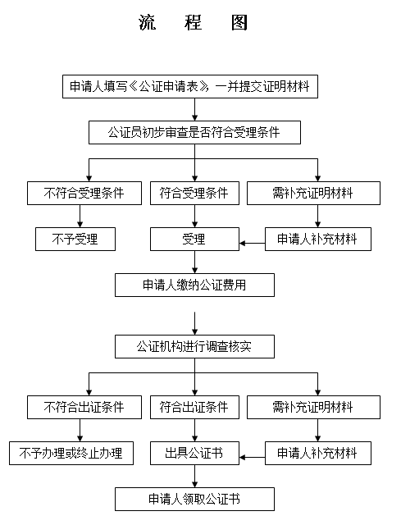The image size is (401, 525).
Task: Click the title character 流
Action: [148, 23]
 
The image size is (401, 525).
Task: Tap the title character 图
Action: [239, 23]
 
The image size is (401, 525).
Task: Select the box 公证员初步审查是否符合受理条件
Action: [194, 133]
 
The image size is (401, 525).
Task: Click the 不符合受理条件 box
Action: [84, 194]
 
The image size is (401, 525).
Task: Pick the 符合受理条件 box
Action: [194, 194]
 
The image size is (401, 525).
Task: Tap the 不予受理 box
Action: [75, 239]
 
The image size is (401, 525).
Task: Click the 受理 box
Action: [194, 239]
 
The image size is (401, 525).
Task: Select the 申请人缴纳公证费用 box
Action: [194, 285]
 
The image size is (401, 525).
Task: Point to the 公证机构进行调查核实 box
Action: [194, 346]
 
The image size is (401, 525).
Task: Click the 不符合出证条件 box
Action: [84, 407]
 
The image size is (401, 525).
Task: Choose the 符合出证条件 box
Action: [194, 407]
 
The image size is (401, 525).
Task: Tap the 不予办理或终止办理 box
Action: [71, 454]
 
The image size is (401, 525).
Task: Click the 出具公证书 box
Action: [194, 454]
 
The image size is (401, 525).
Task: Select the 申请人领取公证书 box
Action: [194, 500]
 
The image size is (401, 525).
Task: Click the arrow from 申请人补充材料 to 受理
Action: [253, 243]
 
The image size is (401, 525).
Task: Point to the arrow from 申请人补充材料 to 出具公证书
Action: [253, 458]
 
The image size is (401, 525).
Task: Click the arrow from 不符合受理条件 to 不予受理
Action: [80, 217]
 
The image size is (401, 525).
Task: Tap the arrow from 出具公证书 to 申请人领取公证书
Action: [195, 477]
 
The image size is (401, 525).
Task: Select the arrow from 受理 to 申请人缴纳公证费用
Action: [195, 262]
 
